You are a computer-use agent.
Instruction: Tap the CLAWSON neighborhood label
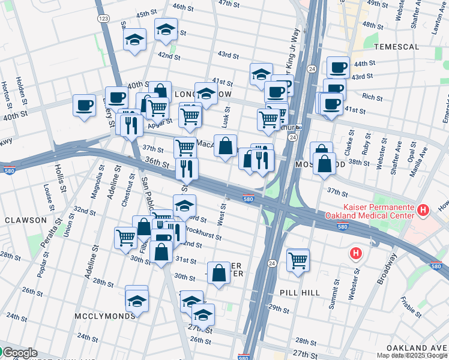click(25, 220)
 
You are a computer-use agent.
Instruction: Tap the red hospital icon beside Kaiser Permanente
click(424, 210)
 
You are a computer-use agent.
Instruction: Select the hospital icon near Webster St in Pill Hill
click(356, 253)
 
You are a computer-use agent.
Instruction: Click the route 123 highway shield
click(104, 19)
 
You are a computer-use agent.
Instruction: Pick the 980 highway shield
click(244, 356)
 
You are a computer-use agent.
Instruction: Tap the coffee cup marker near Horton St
click(84, 104)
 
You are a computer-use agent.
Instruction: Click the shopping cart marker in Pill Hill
click(298, 260)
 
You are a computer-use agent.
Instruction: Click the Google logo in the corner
click(20, 353)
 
